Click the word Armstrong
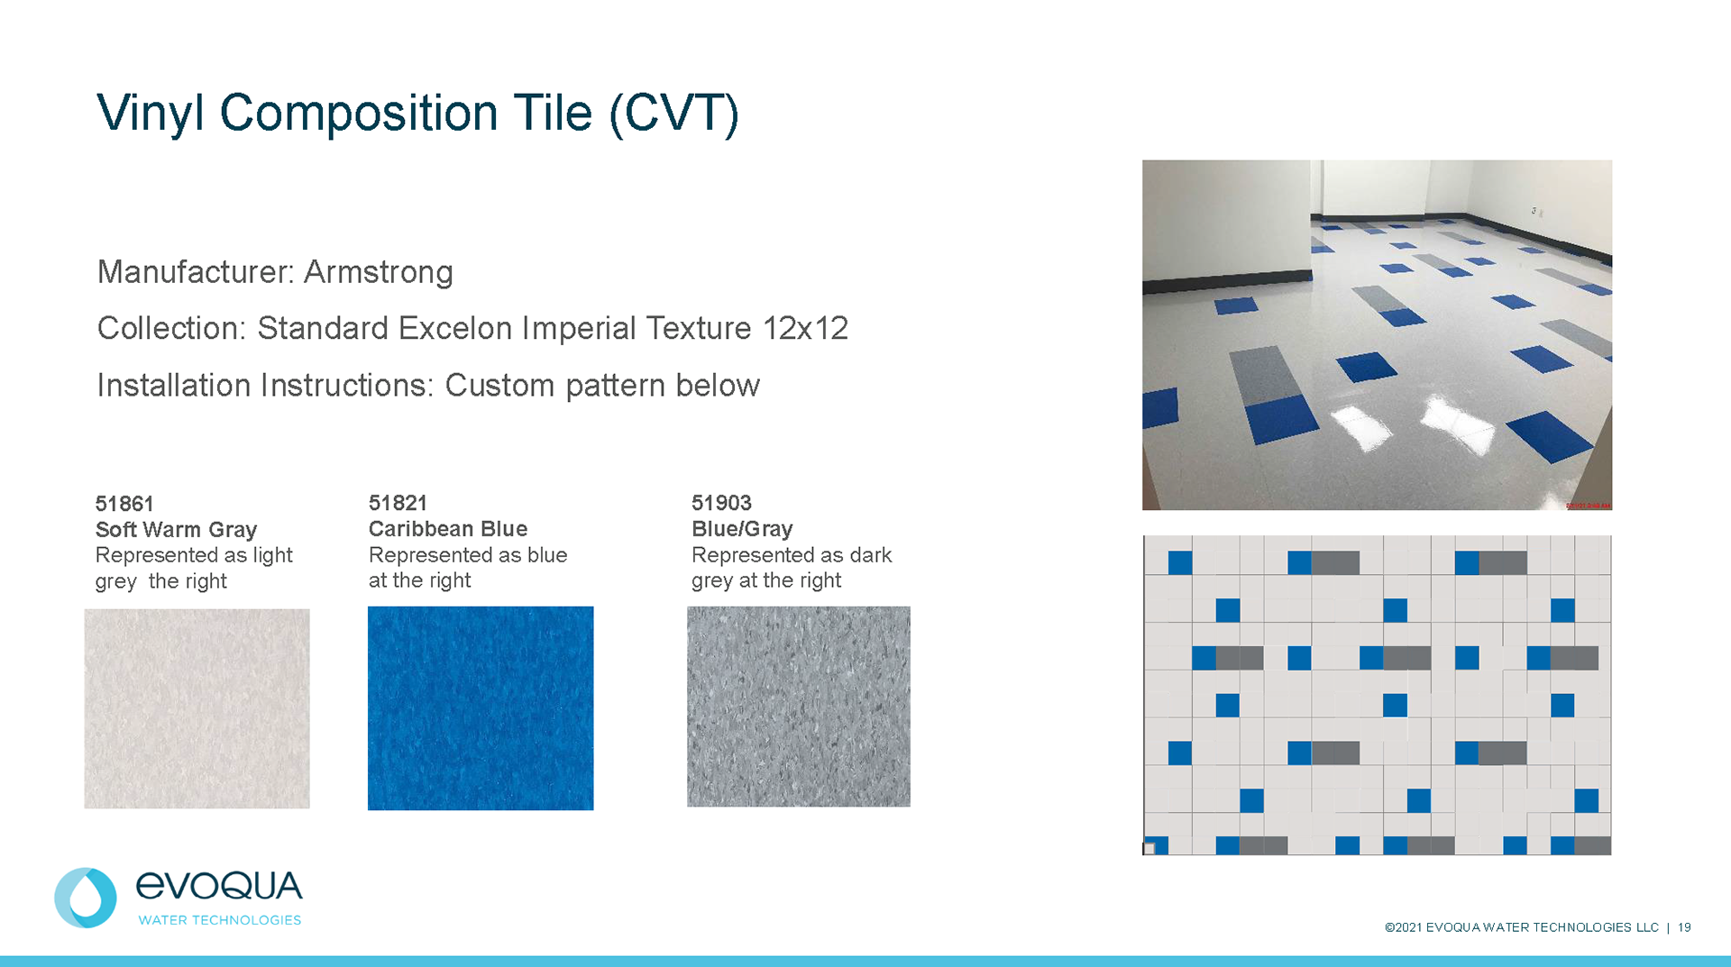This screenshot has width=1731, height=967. [378, 272]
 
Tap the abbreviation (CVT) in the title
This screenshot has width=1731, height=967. [673, 114]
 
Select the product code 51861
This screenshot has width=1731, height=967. [124, 504]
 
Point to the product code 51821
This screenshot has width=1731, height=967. [398, 503]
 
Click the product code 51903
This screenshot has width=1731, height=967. [721, 503]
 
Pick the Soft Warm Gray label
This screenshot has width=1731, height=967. [177, 530]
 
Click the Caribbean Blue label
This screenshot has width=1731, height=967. [448, 529]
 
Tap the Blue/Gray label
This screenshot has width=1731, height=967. [742, 529]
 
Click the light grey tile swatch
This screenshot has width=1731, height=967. [197, 708]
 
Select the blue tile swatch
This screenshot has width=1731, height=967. [481, 708]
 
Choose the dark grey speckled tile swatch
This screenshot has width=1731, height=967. [799, 707]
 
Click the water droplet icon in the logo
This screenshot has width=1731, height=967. [86, 898]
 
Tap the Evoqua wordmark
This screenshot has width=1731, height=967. [219, 886]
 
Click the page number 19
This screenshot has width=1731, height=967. [1684, 927]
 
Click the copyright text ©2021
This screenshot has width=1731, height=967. [1404, 927]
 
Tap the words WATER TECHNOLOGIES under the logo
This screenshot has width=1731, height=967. [219, 920]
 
